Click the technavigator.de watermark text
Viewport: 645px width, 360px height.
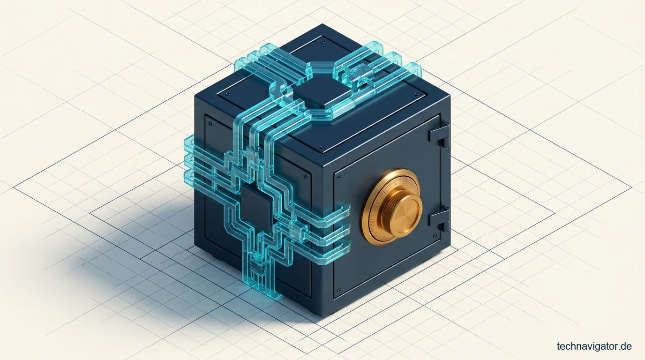(x=594, y=346)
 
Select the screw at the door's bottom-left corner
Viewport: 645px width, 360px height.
(x=339, y=290)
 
